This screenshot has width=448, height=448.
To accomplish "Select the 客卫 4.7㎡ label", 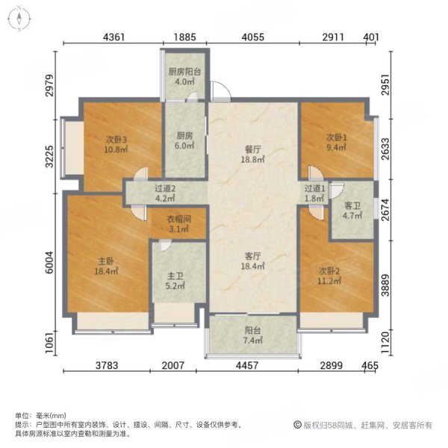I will pos(352,210).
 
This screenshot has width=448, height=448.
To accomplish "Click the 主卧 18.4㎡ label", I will pos(105,267).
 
